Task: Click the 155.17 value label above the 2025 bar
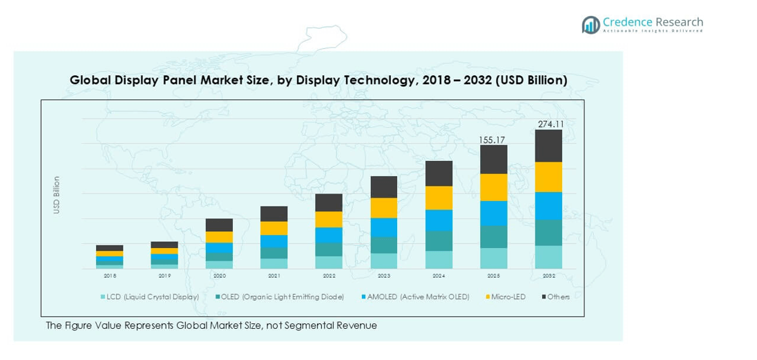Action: (x=493, y=140)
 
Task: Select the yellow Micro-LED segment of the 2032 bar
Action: (x=548, y=177)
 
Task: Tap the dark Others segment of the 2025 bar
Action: (x=494, y=160)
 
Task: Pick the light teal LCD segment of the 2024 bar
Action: (x=439, y=260)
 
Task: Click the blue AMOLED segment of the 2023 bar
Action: (x=384, y=227)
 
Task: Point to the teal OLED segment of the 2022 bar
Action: (x=329, y=249)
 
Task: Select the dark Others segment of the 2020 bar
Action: (x=219, y=225)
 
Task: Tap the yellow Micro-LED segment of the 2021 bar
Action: (x=274, y=228)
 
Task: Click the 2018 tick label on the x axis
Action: (x=110, y=275)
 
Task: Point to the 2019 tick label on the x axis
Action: (x=164, y=275)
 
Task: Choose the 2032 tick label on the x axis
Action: (x=548, y=275)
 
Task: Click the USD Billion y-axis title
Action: (x=57, y=195)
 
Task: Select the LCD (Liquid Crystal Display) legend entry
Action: (x=153, y=296)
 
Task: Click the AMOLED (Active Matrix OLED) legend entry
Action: (x=418, y=296)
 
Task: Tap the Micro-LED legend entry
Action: (x=509, y=296)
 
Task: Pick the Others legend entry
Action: (x=558, y=296)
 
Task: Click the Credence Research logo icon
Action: (x=591, y=25)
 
